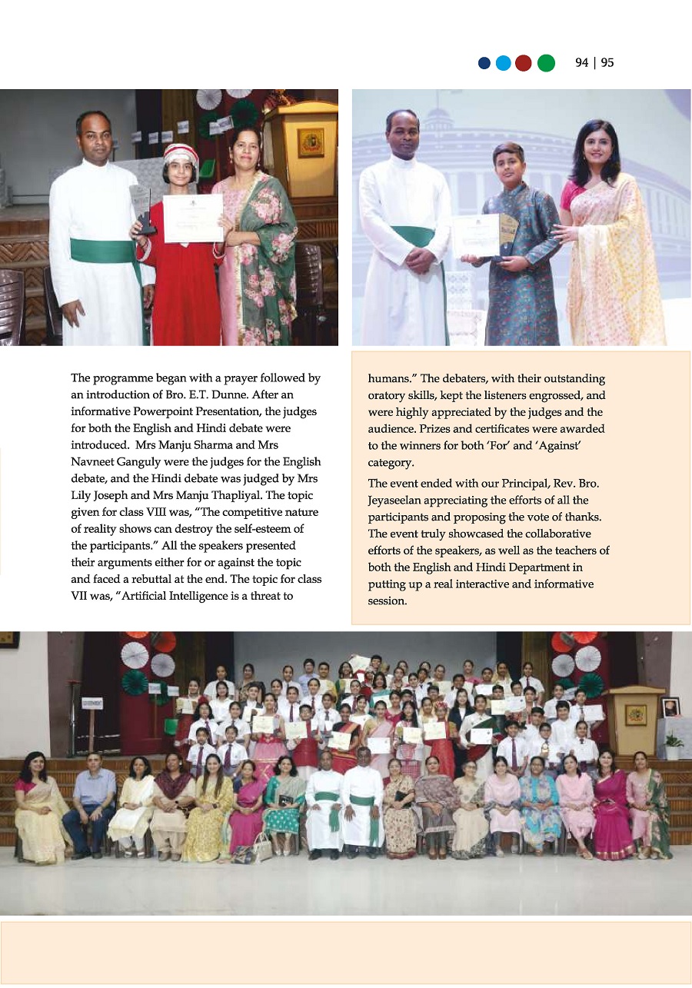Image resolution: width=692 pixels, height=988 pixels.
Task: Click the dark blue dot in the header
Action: pyautogui.click(x=484, y=63)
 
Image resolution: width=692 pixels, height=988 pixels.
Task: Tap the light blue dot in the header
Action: pyautogui.click(x=504, y=63)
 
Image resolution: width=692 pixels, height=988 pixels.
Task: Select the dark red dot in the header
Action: pyautogui.click(x=524, y=63)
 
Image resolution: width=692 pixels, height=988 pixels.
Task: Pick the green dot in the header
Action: pyautogui.click(x=546, y=63)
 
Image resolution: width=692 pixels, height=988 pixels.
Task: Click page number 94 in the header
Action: pyautogui.click(x=582, y=63)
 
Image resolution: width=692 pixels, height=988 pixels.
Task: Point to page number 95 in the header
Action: pyautogui.click(x=607, y=63)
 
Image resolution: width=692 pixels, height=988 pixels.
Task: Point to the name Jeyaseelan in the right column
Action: pyautogui.click(x=401, y=500)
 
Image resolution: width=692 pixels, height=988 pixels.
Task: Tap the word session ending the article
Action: pyautogui.click(x=387, y=600)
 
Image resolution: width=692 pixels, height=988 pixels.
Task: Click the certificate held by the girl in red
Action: pyautogui.click(x=192, y=218)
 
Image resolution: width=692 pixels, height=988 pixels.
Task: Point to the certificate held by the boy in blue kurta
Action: pyautogui.click(x=477, y=235)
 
